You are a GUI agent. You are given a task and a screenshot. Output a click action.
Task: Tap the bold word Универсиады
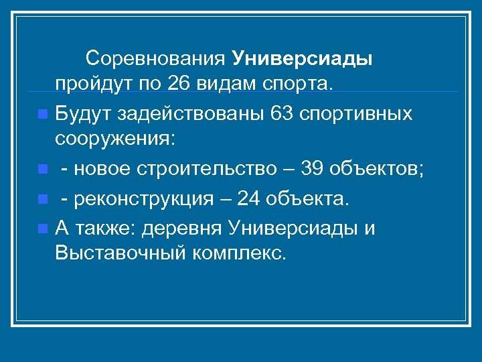[x=303, y=59]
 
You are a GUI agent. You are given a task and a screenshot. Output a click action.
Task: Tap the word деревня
[x=187, y=228]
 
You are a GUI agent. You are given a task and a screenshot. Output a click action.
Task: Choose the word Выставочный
[x=110, y=255]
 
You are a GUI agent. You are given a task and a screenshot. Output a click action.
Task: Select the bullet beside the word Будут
[x=43, y=114]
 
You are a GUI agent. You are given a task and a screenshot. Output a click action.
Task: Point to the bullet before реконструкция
[x=43, y=200]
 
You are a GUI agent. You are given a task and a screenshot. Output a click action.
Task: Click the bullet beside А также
[x=43, y=229]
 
